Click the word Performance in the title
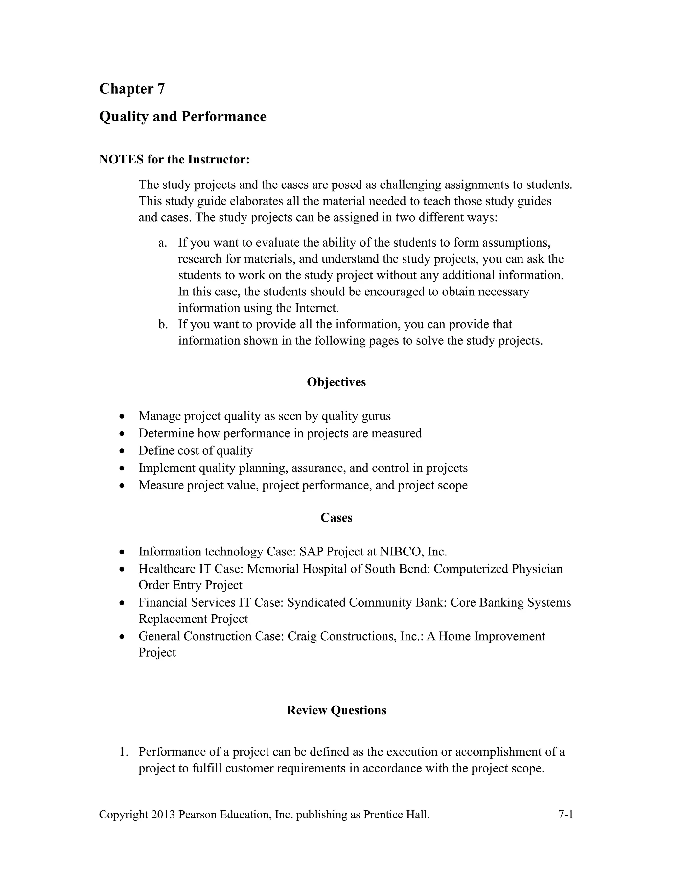point(224,117)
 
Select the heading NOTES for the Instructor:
point(174,159)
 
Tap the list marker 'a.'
point(162,243)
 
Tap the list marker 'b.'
point(163,324)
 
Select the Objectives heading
point(336,382)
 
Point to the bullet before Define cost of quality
point(122,451)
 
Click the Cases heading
point(336,517)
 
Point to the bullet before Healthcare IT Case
point(122,569)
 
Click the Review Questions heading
point(336,710)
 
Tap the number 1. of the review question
point(124,752)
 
